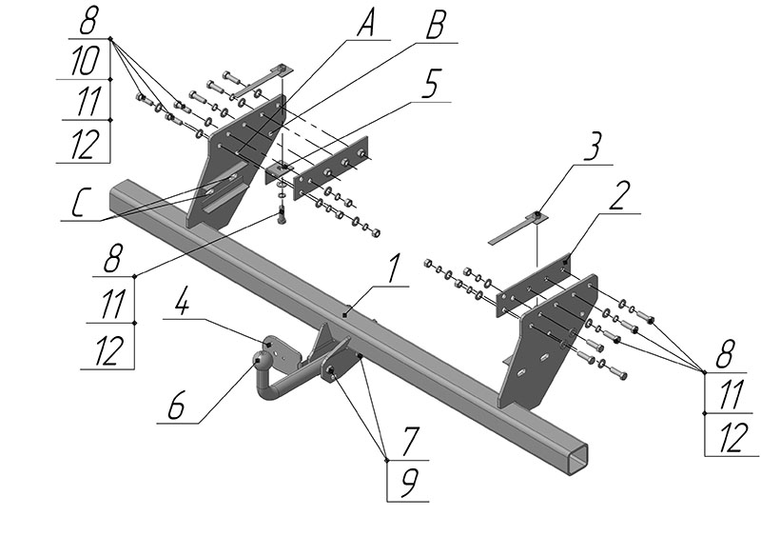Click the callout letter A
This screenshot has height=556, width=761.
click(364, 26)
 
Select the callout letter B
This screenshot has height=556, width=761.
click(435, 26)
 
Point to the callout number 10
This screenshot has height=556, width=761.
click(86, 64)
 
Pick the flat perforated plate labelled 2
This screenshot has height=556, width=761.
click(532, 286)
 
